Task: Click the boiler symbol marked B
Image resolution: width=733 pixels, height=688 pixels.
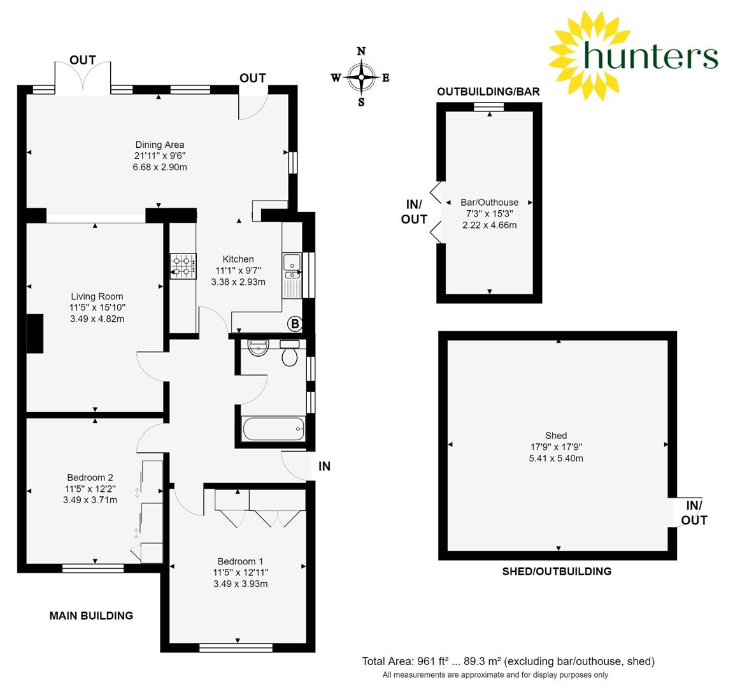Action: pos(295,324)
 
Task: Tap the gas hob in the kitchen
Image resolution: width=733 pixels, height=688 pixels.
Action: pos(183,266)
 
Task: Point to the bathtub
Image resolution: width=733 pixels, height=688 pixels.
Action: pos(274,429)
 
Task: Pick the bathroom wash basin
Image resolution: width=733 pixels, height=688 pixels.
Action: pos(258,347)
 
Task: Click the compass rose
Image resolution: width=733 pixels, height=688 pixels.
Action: pos(361,76)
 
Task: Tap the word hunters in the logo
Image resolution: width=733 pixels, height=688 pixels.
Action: pos(651,55)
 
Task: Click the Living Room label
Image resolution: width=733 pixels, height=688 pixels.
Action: pos(97,296)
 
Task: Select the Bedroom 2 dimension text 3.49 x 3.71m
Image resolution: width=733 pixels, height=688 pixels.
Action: pos(90,500)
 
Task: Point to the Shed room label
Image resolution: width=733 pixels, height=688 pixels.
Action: pos(556,436)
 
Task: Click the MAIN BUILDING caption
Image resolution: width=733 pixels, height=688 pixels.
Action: pos(91,615)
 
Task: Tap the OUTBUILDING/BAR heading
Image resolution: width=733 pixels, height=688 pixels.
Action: pos(488,92)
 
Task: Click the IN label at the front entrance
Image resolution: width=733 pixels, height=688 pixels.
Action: pos(324,466)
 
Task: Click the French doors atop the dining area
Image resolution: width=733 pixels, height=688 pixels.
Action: pos(83,76)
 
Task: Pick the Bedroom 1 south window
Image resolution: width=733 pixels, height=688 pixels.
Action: pos(236,648)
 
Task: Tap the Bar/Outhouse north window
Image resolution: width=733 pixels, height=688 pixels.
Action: pos(489,107)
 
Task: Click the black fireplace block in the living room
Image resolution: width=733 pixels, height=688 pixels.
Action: pos(34,333)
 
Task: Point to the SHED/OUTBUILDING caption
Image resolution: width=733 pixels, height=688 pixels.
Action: pos(557,571)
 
